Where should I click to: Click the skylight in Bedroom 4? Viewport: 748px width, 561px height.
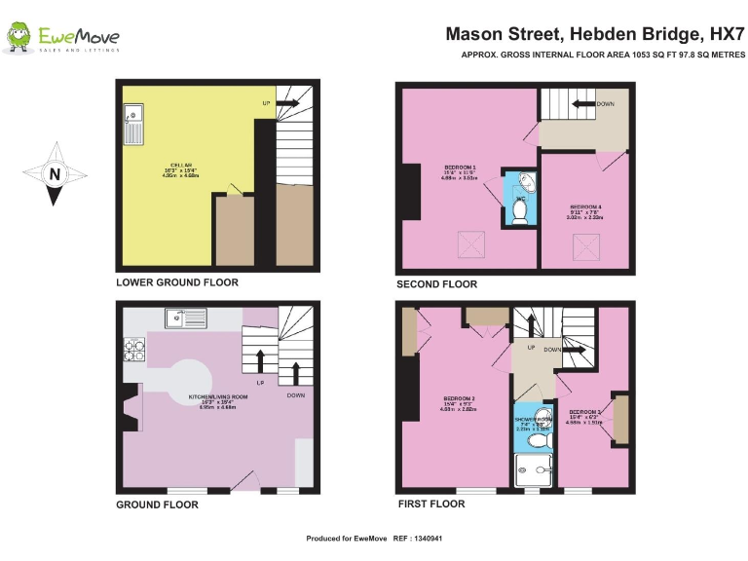(587, 247)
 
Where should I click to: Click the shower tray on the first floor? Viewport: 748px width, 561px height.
(533, 468)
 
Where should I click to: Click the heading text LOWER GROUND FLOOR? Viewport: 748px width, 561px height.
(176, 283)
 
